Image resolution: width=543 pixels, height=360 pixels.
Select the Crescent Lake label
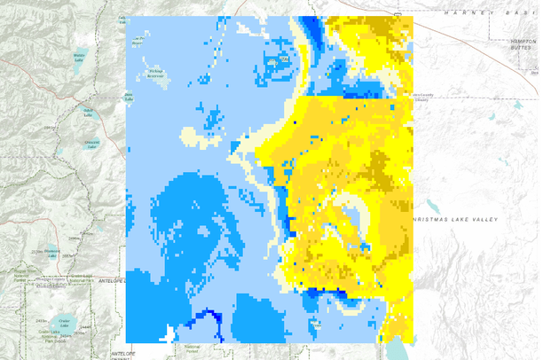click(91, 143)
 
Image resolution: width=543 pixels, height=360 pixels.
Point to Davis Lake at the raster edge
click(128, 96)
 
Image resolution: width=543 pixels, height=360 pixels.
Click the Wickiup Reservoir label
click(155, 74)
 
